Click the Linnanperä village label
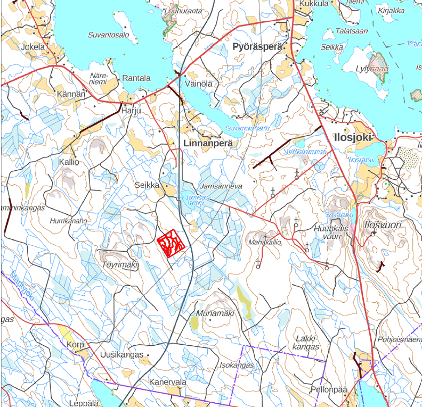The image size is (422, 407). pyautogui.click(x=207, y=144)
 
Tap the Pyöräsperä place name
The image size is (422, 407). pyautogui.click(x=257, y=47)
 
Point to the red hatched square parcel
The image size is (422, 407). pyautogui.click(x=172, y=243)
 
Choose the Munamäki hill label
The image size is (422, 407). pyautogui.click(x=215, y=313)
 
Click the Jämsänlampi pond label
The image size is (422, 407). pyautogui.click(x=196, y=200)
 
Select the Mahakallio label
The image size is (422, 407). pyautogui.click(x=264, y=242)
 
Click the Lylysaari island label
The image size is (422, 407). pyautogui.click(x=372, y=69)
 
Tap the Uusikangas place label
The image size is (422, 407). pyautogui.click(x=121, y=355)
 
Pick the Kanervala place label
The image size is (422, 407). pyautogui.click(x=167, y=383)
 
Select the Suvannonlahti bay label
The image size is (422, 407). pyautogui.click(x=247, y=129)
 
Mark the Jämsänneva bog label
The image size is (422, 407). pyautogui.click(x=222, y=186)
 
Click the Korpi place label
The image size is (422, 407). pyautogui.click(x=76, y=345)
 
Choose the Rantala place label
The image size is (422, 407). pyautogui.click(x=136, y=78)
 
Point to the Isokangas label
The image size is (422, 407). pyautogui.click(x=237, y=366)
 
